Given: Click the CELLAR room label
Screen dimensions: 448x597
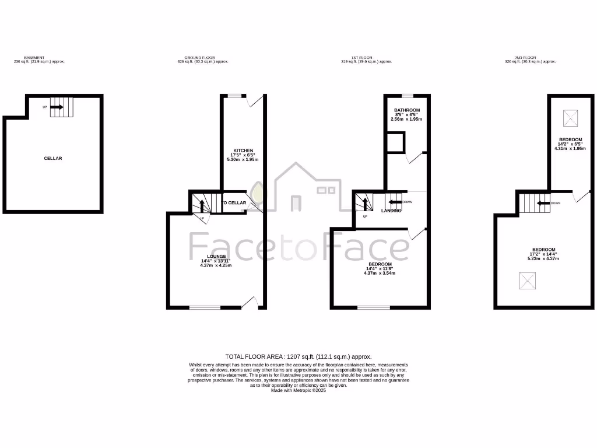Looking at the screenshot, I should tap(52, 158).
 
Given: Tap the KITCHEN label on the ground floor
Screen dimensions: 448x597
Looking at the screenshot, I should tap(243, 150).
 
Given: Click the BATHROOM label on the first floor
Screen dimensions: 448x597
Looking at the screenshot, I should tap(406, 110).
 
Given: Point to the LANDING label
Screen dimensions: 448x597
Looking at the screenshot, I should tap(391, 211).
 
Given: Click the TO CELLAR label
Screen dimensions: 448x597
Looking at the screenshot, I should tap(234, 203).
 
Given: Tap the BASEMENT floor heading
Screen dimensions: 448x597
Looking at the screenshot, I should tap(34, 58).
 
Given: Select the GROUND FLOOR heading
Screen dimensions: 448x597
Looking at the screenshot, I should tap(200, 58).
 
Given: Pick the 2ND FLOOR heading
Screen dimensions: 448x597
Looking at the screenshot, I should tap(528, 58).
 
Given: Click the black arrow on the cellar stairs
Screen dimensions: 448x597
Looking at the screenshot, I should tap(57, 107).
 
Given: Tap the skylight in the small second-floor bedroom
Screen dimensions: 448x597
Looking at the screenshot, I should tap(570, 119).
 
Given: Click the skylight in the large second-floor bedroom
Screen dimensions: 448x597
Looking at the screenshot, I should tap(528, 281).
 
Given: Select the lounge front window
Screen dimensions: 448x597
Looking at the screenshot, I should tap(205, 307).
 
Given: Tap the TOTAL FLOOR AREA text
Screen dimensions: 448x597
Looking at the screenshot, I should tap(298, 356).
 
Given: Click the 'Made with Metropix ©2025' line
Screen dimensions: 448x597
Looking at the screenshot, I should tap(298, 390).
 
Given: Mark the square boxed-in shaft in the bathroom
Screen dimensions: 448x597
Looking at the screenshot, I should tap(396, 142).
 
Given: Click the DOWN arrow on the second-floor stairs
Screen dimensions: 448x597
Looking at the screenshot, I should tap(543, 203).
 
